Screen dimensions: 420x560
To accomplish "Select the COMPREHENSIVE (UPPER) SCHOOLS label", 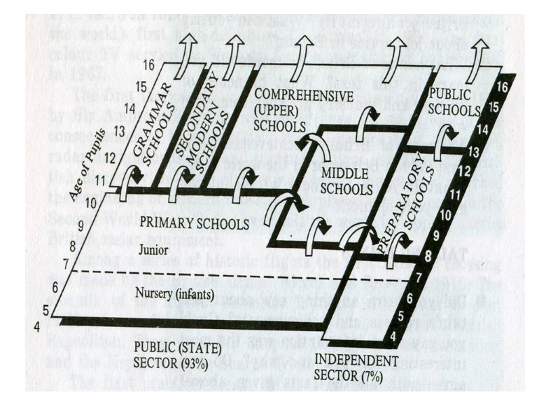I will [x=281, y=111].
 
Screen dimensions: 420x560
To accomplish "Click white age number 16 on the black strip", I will [x=500, y=87].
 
